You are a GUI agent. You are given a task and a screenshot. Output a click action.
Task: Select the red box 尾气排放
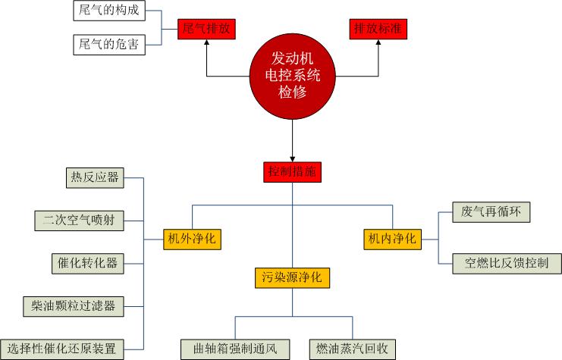click(x=206, y=30)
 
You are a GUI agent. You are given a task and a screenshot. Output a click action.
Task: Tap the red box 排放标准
click(x=377, y=30)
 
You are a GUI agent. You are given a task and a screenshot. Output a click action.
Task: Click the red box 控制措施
click(x=293, y=171)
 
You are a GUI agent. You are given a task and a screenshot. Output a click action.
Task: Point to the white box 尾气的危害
click(x=110, y=44)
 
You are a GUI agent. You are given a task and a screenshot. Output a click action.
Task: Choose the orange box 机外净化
click(x=191, y=239)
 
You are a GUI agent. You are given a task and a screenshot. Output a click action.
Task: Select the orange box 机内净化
click(x=391, y=239)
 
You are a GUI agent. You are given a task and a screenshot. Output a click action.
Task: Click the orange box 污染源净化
click(x=292, y=277)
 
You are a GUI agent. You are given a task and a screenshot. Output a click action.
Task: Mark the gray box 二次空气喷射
click(x=79, y=221)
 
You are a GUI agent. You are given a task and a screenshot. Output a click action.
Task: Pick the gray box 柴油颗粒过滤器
click(x=74, y=306)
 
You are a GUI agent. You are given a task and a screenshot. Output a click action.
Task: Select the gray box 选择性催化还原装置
click(x=61, y=349)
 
